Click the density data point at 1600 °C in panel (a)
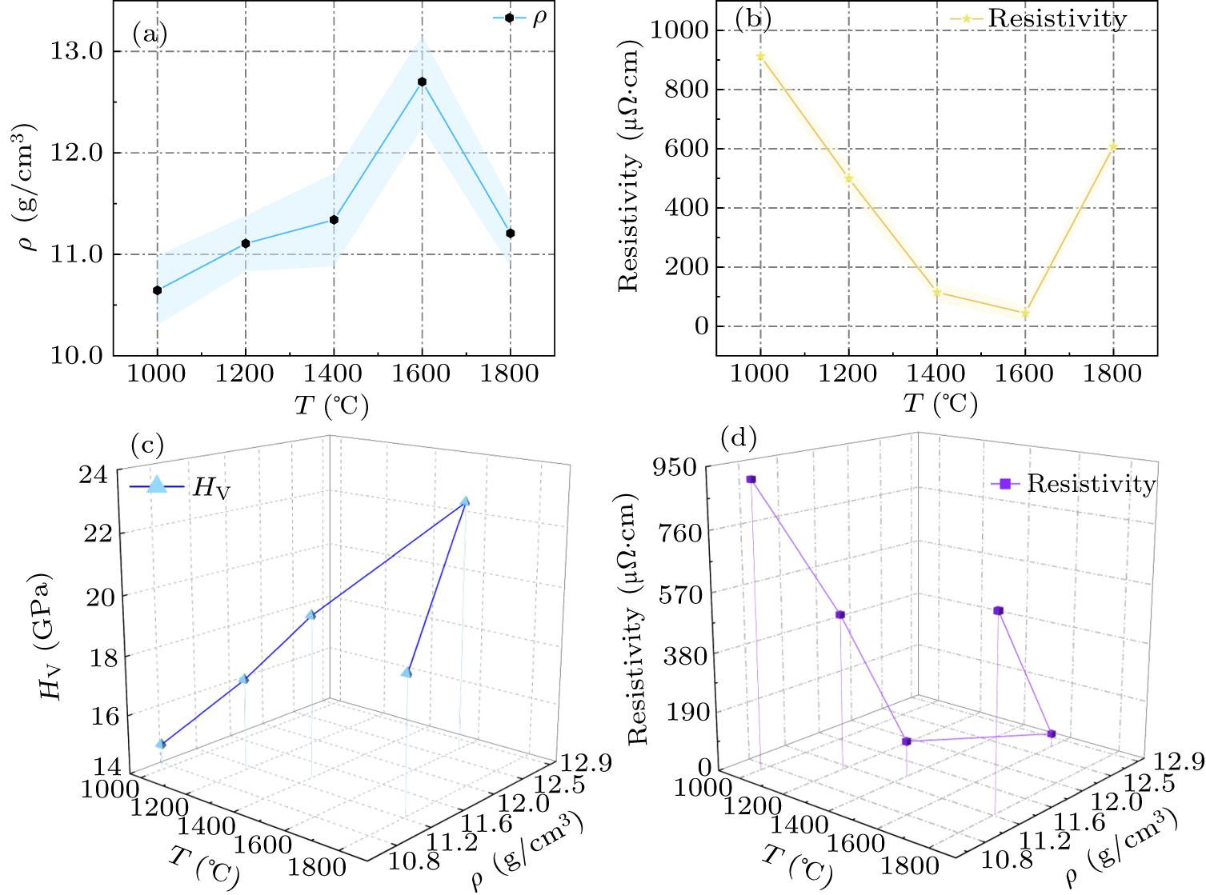tap(422, 82)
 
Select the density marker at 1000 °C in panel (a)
tap(158, 290)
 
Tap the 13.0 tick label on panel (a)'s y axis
tap(77, 51)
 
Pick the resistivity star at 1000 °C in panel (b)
tap(760, 56)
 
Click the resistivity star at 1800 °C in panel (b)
tap(1112, 147)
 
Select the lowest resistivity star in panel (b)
tap(1024, 314)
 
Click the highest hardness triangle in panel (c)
tap(465, 501)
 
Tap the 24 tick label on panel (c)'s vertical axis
tap(94, 474)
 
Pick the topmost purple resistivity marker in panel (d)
tap(751, 479)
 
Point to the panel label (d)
tap(739, 438)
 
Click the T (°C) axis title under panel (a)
tap(332, 406)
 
